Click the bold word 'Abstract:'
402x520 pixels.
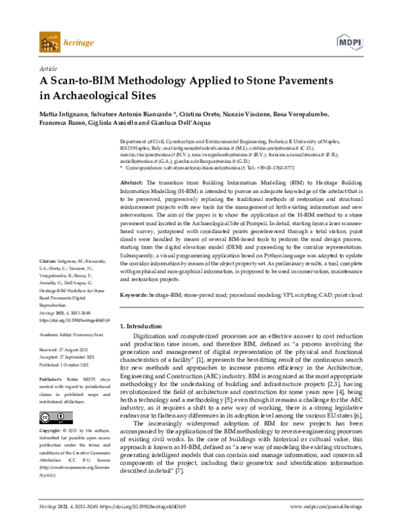click(131, 182)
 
